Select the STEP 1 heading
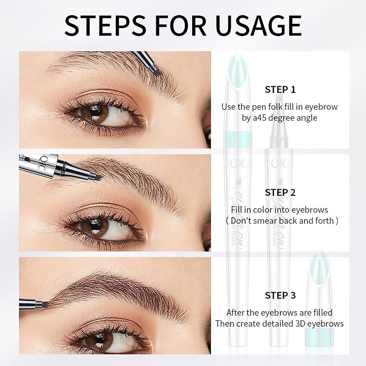tap(280, 90)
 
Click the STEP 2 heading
tap(280, 192)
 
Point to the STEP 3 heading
tap(280, 295)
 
